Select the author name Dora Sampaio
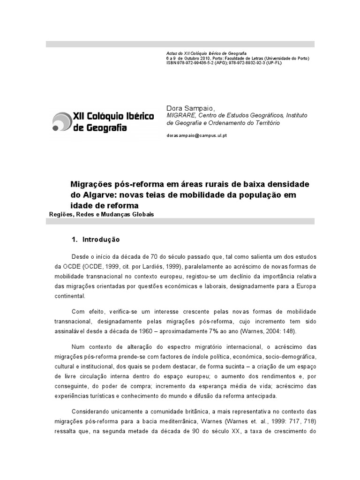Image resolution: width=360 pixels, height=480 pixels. tap(187, 108)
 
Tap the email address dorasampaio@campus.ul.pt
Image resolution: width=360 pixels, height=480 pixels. tap(197, 135)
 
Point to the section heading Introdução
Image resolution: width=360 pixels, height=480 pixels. tap(101, 240)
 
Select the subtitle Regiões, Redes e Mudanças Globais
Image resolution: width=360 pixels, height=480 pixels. tap(101, 214)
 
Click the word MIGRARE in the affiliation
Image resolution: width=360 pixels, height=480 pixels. tap(179, 116)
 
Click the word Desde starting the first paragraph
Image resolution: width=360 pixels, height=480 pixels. tap(81, 257)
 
